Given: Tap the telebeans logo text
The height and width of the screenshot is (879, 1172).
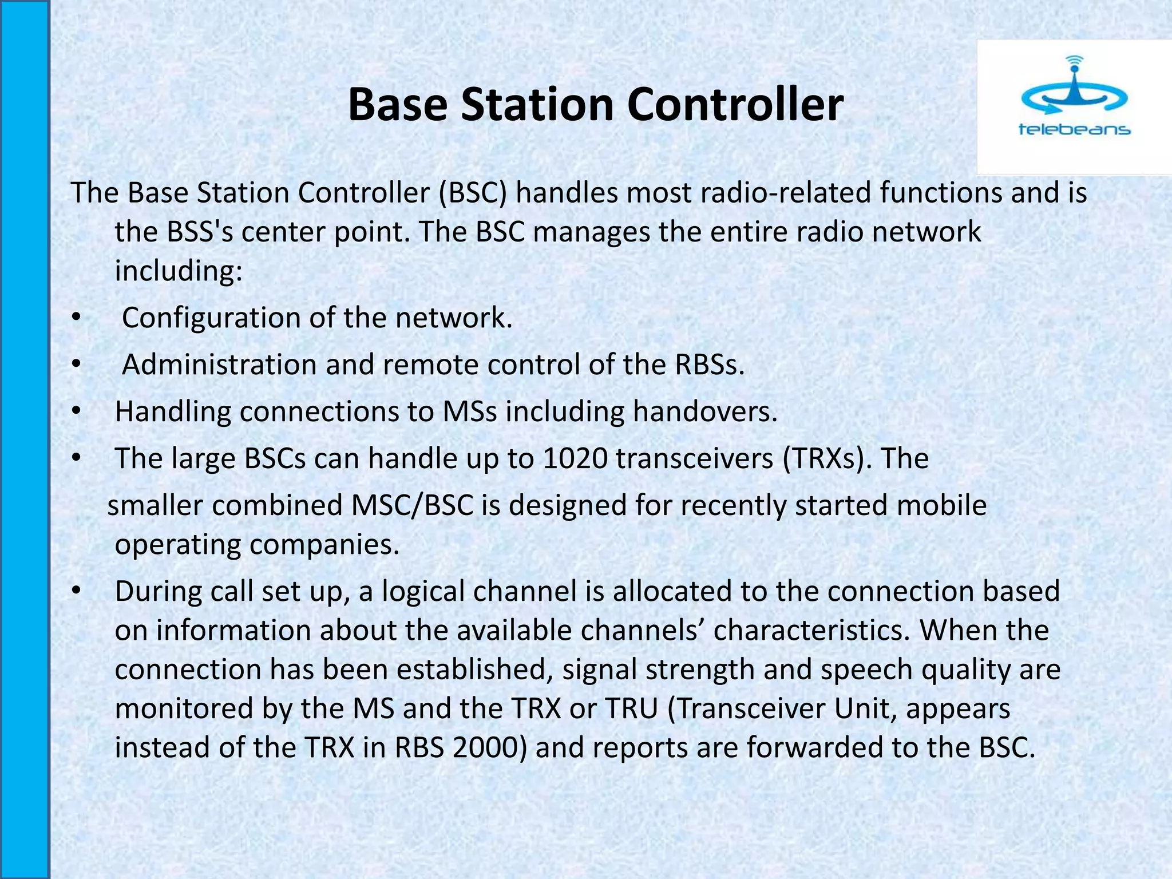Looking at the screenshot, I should [1074, 130].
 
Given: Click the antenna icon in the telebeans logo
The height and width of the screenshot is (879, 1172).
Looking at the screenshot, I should [1074, 86].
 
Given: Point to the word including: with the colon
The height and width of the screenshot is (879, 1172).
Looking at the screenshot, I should [179, 271].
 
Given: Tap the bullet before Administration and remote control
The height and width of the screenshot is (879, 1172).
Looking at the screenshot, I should [77, 365].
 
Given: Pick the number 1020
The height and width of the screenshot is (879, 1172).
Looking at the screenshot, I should [575, 458].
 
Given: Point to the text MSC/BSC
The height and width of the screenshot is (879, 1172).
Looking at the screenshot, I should [413, 505].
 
